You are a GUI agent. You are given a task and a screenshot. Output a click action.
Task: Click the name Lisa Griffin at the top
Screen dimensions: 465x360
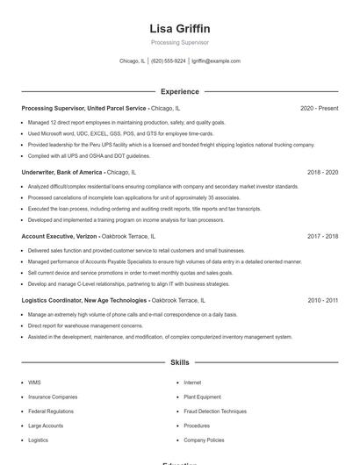(x=180, y=29)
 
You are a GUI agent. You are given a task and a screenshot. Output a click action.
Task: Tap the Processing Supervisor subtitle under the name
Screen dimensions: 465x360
(x=180, y=42)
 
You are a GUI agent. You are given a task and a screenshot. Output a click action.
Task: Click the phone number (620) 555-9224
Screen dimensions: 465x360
(x=169, y=61)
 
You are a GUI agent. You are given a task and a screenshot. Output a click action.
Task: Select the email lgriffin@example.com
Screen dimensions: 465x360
(x=216, y=61)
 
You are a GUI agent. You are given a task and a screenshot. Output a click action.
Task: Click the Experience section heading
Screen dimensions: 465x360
(x=180, y=91)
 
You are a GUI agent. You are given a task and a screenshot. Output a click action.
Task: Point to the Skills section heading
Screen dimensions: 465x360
(x=180, y=361)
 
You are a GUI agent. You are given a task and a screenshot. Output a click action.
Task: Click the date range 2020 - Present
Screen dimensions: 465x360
(x=319, y=108)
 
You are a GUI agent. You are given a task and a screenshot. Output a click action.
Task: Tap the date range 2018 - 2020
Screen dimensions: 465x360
(x=322, y=172)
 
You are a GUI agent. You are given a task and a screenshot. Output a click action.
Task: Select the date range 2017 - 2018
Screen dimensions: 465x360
(x=322, y=236)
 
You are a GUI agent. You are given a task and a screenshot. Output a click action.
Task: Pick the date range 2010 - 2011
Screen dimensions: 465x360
(x=322, y=300)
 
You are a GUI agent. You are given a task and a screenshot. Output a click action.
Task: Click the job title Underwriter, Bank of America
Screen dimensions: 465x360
(x=61, y=172)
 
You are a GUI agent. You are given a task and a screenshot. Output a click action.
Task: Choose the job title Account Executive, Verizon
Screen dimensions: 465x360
(x=60, y=236)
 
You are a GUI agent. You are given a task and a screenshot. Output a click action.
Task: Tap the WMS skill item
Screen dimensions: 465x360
(x=34, y=383)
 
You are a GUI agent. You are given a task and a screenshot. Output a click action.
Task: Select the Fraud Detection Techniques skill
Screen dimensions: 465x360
(x=215, y=411)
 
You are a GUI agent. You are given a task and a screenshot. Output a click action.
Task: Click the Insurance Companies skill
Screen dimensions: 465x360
(x=53, y=397)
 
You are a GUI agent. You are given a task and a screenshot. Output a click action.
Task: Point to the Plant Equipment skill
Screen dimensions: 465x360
(x=203, y=397)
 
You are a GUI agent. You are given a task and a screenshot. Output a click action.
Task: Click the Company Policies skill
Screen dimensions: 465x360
(x=205, y=440)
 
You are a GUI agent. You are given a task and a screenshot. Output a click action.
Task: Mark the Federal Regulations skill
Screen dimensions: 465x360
(x=51, y=411)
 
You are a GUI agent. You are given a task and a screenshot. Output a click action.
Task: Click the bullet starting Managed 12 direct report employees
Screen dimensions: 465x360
(x=126, y=123)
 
